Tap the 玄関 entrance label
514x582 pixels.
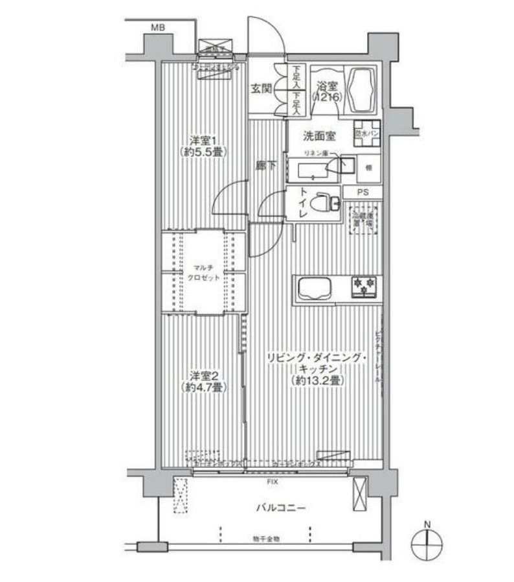point(262,87)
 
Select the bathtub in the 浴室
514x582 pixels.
point(363,91)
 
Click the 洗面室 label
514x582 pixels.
point(320,136)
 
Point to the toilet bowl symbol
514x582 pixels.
point(322,203)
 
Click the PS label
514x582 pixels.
point(366,192)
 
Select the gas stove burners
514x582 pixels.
point(364,285)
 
